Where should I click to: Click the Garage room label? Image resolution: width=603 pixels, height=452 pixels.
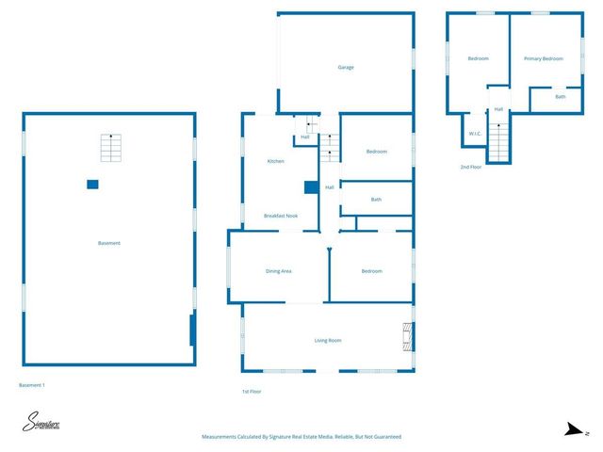[x=346, y=68]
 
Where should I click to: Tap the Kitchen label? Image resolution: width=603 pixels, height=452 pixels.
[x=275, y=161]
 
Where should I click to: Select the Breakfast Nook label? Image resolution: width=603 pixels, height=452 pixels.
[x=281, y=216]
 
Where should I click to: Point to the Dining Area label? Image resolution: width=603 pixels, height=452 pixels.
[x=278, y=271]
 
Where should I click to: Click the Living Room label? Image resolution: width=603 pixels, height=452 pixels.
[x=327, y=340]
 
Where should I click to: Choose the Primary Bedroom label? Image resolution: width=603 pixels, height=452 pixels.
[x=543, y=58]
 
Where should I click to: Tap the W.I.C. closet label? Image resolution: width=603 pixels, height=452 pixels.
[x=476, y=134]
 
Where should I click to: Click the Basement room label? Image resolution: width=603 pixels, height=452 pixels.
[x=109, y=243]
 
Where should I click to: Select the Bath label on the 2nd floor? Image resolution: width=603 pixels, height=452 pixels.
[x=560, y=96]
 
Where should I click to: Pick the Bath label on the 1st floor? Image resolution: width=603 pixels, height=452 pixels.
[x=376, y=199]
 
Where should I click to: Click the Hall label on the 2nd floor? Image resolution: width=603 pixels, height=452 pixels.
[x=498, y=109]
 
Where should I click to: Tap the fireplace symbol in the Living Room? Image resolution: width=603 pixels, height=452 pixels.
[x=407, y=336]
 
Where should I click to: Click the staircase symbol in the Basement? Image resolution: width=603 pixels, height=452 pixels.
[x=111, y=148]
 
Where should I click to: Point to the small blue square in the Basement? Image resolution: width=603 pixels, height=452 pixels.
[x=91, y=184]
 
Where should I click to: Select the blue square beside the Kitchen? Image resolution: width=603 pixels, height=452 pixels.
[x=310, y=186]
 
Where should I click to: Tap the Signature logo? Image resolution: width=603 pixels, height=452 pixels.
[x=41, y=424]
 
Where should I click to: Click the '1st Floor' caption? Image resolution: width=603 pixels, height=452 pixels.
[x=251, y=391]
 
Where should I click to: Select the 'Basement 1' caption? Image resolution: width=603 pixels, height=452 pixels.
[x=32, y=385]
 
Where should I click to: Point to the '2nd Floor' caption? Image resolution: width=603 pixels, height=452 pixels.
[x=470, y=167]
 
